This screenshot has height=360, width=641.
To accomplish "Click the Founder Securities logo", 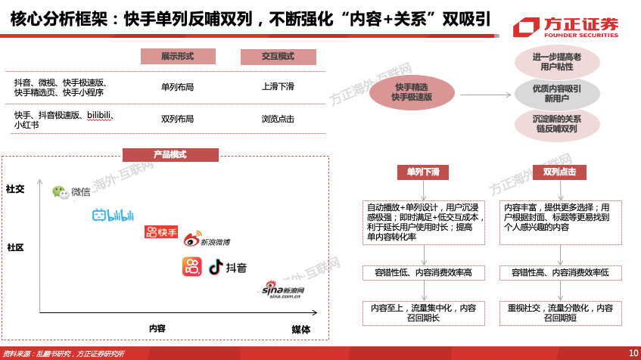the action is (566, 27).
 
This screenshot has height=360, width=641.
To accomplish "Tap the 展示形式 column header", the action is (178, 57).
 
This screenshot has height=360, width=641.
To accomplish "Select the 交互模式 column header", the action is (278, 57).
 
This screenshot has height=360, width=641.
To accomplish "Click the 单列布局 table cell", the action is (177, 87).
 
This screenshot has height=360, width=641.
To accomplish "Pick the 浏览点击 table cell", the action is (278, 119).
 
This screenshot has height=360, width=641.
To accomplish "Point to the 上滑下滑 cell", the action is (278, 87).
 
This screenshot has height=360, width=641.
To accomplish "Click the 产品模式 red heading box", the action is (170, 155).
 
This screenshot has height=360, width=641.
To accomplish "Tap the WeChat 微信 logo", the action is (71, 191).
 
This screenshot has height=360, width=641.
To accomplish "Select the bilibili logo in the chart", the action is (114, 215).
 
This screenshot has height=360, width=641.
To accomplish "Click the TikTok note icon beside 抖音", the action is (216, 267).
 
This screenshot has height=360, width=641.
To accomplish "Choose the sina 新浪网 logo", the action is (283, 290).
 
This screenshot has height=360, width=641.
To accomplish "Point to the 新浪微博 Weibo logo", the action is (207, 240).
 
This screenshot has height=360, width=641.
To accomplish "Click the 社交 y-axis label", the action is (16, 189).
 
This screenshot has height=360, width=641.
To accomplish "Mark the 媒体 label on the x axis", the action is (301, 330).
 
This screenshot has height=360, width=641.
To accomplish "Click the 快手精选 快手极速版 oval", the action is (412, 92).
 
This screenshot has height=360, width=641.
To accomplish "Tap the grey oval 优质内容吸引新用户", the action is (557, 94).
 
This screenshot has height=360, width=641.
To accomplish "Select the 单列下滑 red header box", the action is (423, 172).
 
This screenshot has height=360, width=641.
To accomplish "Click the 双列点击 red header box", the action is (560, 172).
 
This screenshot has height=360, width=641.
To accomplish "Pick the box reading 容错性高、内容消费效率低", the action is (561, 272).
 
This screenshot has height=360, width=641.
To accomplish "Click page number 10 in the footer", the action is (633, 353).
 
